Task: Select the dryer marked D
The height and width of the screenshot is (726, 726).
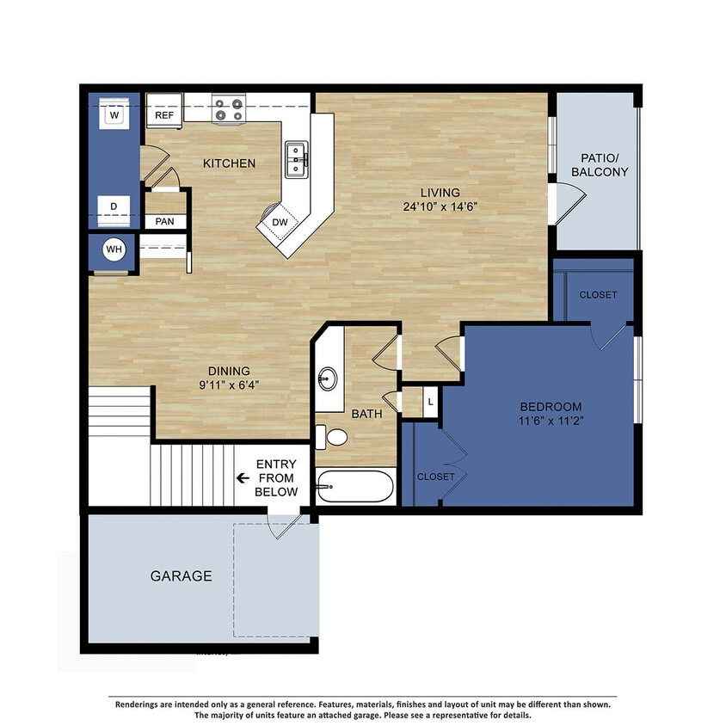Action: pos(114,206)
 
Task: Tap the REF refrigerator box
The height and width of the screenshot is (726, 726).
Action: pos(163,114)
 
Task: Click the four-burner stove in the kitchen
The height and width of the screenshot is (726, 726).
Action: pos(228,110)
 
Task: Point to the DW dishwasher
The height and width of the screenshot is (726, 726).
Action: pos(280,222)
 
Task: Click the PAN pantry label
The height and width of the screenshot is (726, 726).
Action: pos(164,222)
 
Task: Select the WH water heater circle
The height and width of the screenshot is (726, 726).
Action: pos(114,249)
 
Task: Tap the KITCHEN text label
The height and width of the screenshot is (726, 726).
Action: pos(229,163)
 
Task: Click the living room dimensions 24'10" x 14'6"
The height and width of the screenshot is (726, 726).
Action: pos(440,206)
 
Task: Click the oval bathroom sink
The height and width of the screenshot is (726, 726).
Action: pos(327,379)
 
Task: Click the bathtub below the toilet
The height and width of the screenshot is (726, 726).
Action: pos(355,488)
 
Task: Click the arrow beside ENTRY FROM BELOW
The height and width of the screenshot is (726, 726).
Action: pos(243,478)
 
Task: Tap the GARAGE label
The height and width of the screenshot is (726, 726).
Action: pos(181,576)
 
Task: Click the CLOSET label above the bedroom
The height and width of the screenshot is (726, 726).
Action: pos(598,295)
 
